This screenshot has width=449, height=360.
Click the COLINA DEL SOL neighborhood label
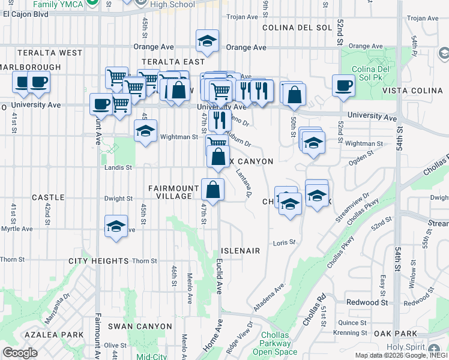296,28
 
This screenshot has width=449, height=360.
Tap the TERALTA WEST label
41,53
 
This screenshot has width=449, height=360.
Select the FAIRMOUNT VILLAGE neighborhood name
173,193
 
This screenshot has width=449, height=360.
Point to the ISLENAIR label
241,251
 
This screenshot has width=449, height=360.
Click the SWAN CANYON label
140,326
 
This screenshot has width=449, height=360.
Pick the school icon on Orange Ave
207,41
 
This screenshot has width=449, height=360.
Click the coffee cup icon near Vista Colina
344,86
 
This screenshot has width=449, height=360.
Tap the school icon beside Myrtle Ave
116,226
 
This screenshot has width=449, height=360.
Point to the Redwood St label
367,303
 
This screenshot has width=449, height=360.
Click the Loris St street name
285,242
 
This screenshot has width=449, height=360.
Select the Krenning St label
352,332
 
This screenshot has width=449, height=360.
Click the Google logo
20,352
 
